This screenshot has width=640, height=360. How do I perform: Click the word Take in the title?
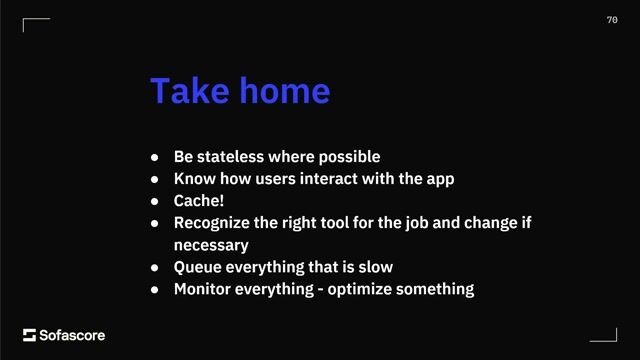coord(190,91)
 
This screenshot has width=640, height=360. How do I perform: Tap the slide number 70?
coord(612,20)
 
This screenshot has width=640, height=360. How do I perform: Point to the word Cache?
coord(198,201)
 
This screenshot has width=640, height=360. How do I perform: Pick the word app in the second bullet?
coord(441,179)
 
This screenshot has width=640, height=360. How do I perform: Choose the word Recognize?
coord(215,223)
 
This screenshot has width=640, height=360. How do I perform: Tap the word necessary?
coord(211,245)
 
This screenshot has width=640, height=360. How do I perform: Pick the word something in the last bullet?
coord(437,289)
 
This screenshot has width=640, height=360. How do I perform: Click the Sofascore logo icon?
coord(29,335)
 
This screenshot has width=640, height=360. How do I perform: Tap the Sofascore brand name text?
coord(72,335)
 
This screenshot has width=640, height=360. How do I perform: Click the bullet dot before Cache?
coord(155,201)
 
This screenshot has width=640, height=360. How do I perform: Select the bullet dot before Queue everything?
coord(155,267)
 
